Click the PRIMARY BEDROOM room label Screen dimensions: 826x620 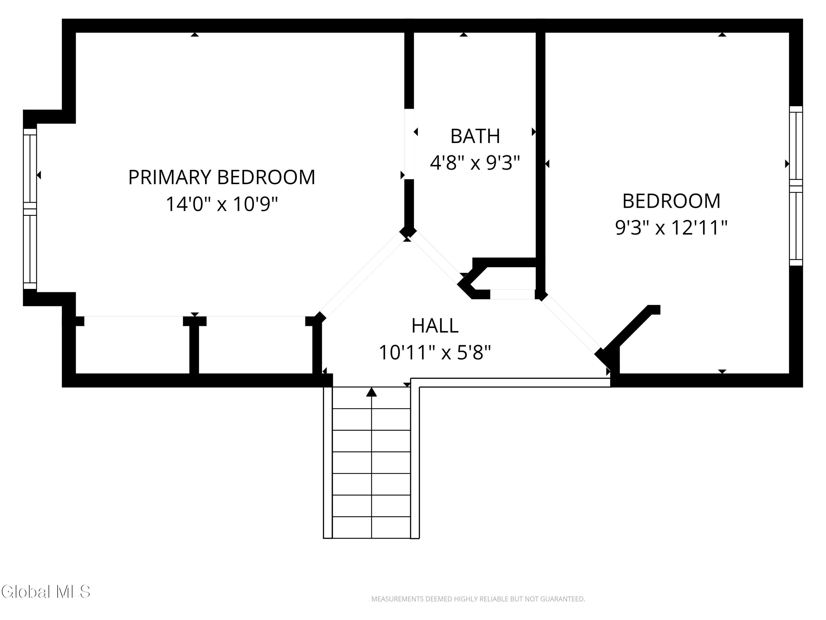(222, 177)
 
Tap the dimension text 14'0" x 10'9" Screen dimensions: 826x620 (222, 204)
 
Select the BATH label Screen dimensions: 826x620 (475, 136)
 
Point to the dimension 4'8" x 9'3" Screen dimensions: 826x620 (475, 163)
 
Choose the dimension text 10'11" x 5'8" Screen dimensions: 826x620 (435, 352)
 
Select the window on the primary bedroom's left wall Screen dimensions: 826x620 (30, 209)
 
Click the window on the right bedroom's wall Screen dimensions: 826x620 (796, 186)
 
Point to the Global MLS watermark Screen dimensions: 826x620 (45, 592)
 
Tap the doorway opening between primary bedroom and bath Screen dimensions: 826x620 (409, 144)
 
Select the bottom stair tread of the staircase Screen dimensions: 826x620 (371, 527)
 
